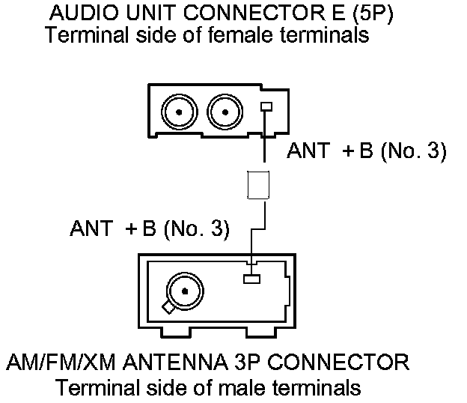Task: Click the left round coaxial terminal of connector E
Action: pos(180,113)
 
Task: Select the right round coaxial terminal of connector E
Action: pos(222,113)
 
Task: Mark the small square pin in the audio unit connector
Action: pos(264,107)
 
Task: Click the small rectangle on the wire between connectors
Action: pos(258,184)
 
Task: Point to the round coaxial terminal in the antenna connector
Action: pos(182,288)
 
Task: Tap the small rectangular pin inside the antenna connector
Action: pos(251,279)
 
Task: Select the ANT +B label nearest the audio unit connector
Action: pos(366,152)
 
